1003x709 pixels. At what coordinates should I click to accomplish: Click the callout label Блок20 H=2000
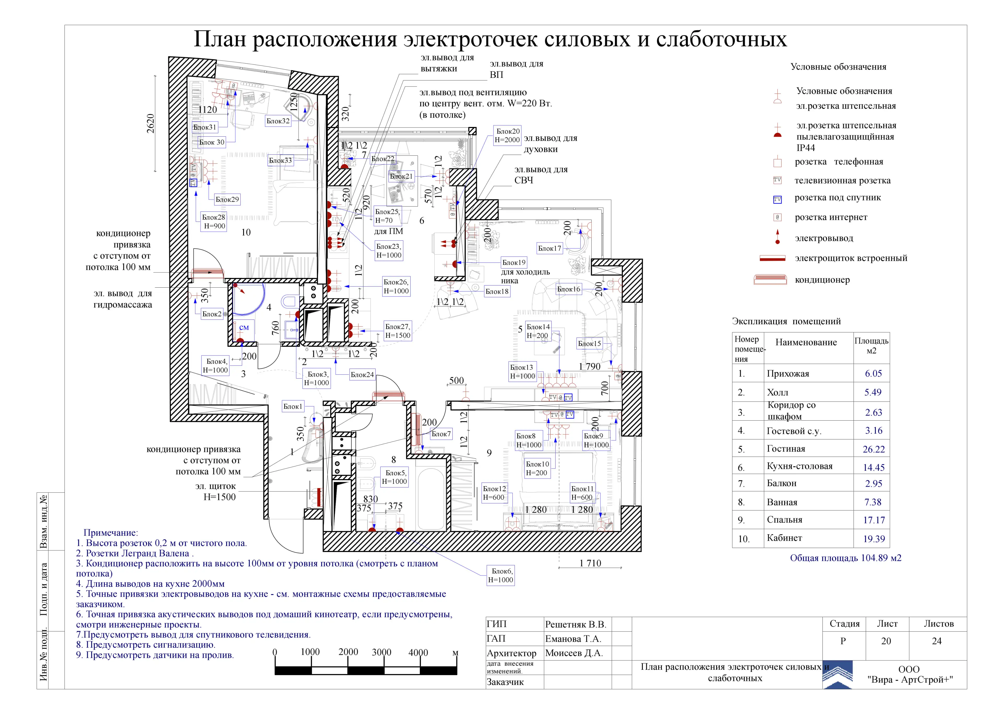coord(507,135)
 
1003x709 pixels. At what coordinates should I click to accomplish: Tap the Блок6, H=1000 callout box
coord(501,575)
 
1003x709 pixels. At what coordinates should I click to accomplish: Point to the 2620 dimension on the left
coord(150,124)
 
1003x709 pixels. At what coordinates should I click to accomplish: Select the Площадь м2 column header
coord(872,346)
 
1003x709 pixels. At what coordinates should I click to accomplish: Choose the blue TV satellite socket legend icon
coord(778,200)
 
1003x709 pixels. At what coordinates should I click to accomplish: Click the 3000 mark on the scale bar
coord(381,652)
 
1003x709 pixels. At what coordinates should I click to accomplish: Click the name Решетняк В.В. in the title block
coord(575,624)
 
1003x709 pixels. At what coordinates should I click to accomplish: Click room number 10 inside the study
coord(246,233)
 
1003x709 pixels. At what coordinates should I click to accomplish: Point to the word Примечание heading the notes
coord(110,533)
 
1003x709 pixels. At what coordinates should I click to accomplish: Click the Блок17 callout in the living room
coord(550,248)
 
